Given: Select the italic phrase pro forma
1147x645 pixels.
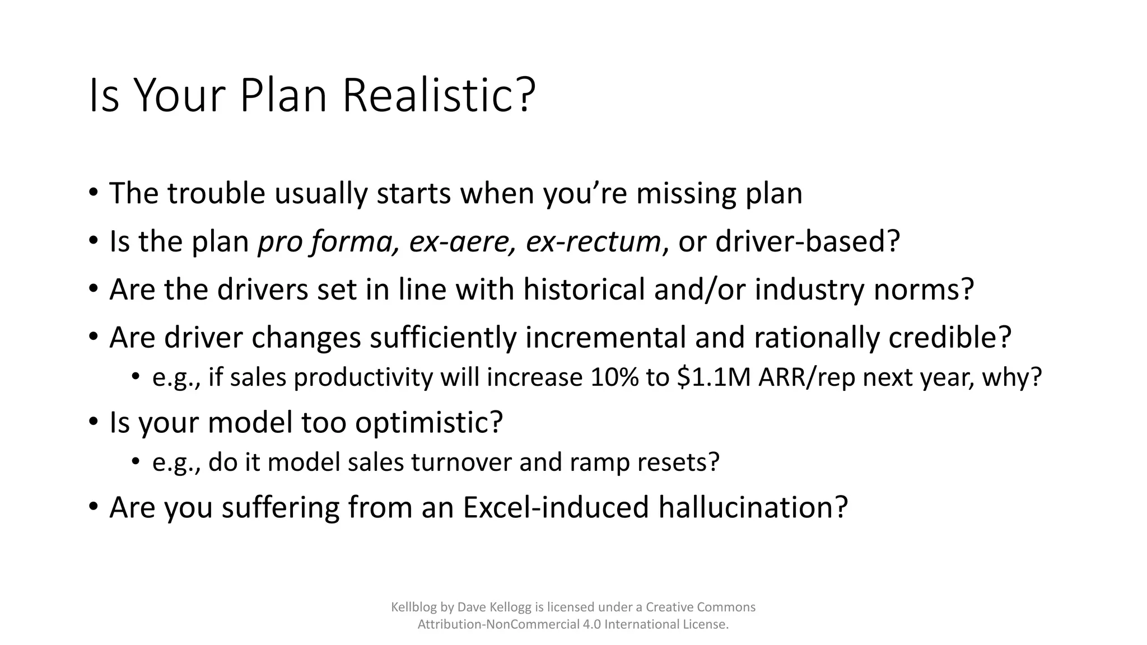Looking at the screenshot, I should click(328, 242).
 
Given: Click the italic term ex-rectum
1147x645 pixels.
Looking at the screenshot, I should click(593, 242).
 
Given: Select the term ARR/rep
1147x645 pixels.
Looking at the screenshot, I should click(807, 377).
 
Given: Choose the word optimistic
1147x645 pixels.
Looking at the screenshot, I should click(428, 423).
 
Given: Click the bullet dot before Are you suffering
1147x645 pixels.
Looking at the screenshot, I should click(93, 507).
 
